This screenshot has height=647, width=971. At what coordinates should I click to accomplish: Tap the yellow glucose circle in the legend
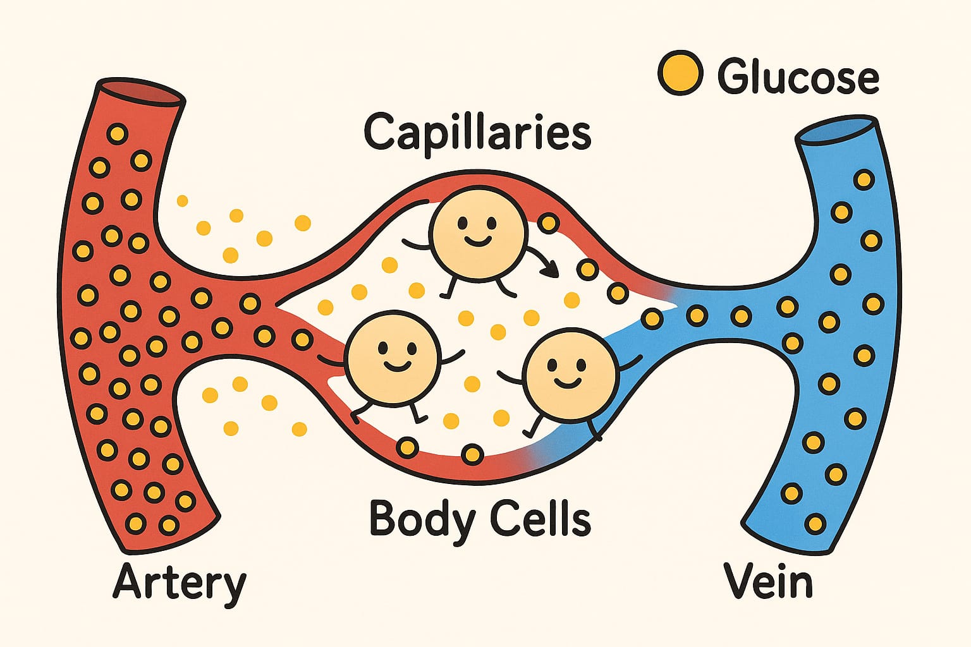click(680, 73)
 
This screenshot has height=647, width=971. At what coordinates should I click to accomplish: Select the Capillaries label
click(477, 132)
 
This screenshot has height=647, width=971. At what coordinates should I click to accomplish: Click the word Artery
click(180, 583)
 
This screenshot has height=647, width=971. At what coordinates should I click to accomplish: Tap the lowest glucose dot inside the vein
click(816, 523)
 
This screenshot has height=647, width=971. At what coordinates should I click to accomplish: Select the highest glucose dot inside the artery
click(118, 134)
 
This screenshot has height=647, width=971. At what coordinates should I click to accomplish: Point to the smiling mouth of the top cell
click(477, 240)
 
